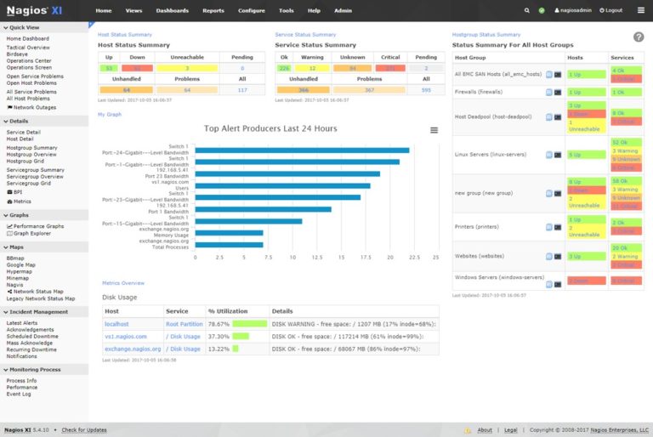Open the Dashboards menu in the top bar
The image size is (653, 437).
click(173, 10)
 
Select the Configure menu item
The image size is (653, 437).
click(251, 10)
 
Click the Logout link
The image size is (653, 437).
click(610, 10)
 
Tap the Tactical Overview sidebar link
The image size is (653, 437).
click(27, 47)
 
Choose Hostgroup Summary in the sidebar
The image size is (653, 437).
click(31, 147)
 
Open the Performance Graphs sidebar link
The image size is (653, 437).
click(38, 226)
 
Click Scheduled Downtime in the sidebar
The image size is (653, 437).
click(31, 336)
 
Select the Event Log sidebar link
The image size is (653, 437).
click(19, 394)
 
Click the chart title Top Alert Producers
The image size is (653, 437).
click(270, 129)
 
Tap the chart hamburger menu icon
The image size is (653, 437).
click(434, 130)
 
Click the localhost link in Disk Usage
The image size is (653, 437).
click(116, 324)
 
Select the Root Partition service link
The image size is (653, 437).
click(185, 324)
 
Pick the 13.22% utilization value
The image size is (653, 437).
click(219, 349)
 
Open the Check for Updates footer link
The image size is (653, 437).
click(84, 430)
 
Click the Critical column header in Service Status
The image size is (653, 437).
click(390, 57)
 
